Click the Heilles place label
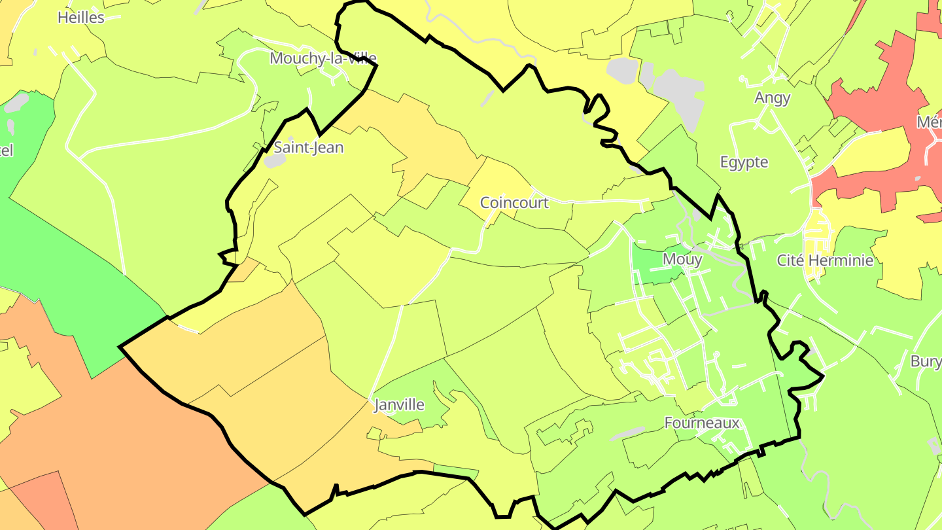point(80,18)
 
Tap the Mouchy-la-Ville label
point(323,58)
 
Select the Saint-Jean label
point(308,147)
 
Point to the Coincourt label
point(514,203)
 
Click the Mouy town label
point(682,259)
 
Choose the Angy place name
point(772,98)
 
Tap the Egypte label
point(744,162)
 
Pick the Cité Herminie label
point(824,260)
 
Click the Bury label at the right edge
point(926,361)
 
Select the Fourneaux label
point(702,423)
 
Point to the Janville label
point(398,405)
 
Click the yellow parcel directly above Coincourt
point(497,177)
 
